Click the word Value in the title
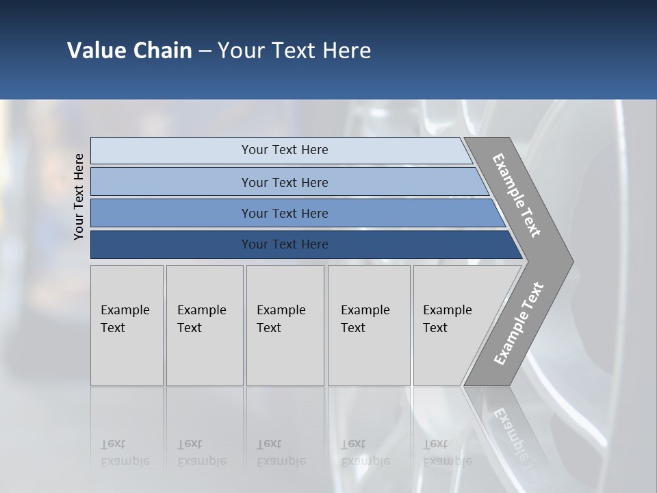point(96,51)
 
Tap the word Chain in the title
point(162,51)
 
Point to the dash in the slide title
point(205,51)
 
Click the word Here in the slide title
point(346,51)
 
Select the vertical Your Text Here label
point(79,197)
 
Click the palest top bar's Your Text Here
point(285,150)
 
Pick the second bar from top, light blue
point(285,182)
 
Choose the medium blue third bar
point(285,213)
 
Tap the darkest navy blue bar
point(285,244)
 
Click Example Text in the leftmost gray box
point(125,319)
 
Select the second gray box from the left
point(204,325)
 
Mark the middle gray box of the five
point(285,325)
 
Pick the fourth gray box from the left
point(369,325)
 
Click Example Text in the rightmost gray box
point(447,319)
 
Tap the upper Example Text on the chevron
point(517,195)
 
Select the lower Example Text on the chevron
point(518,323)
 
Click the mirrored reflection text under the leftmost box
point(125,453)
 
